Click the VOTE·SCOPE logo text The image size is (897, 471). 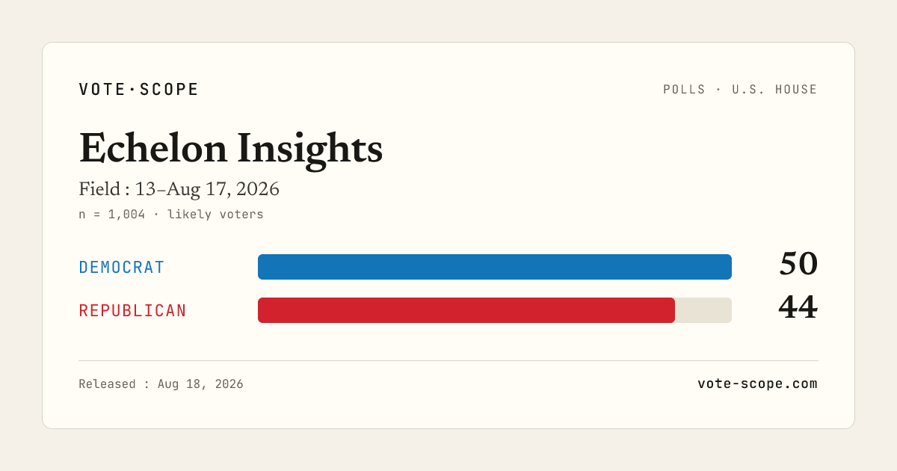(x=138, y=89)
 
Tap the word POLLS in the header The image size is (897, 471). (x=684, y=89)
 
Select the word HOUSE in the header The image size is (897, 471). (x=796, y=89)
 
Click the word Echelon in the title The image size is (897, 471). (x=153, y=149)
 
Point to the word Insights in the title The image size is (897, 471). (x=309, y=151)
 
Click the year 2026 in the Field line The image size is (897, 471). (x=257, y=189)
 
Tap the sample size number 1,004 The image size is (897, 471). (x=126, y=215)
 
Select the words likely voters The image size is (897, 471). (x=215, y=215)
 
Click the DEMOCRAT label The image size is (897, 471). (x=121, y=267)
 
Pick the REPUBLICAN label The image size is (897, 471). (x=132, y=311)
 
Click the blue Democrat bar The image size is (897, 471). (x=495, y=267)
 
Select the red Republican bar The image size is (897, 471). (x=466, y=310)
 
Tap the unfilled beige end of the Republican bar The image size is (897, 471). (x=703, y=310)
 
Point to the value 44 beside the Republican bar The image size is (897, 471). (x=798, y=307)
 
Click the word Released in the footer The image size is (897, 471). (x=107, y=384)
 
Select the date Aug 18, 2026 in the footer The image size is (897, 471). (x=200, y=384)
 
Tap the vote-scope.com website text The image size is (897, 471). (x=757, y=384)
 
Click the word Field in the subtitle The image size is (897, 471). (x=99, y=189)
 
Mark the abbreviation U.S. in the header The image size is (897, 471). (x=748, y=89)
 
